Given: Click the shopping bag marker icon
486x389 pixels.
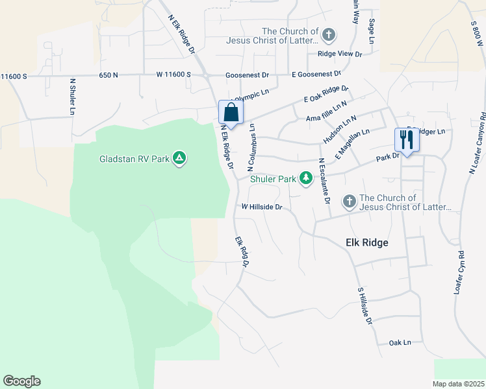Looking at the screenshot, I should [231, 112].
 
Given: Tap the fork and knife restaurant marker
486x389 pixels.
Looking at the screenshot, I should [407, 140].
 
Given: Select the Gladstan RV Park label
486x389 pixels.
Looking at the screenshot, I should [136, 159].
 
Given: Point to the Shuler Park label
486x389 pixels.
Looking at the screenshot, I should [272, 179].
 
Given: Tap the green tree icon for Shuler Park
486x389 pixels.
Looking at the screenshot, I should [305, 178].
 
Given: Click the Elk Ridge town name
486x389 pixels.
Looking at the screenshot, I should [366, 242].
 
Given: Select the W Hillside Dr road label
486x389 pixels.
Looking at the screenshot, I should [262, 207].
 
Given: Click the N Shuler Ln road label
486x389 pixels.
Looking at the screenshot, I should [72, 98].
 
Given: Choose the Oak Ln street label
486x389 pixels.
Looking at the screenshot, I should [400, 342].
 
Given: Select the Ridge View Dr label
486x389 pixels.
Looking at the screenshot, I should [339, 54].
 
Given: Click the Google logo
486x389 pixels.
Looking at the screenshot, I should [21, 381].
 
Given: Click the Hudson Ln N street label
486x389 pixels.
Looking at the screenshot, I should [340, 130].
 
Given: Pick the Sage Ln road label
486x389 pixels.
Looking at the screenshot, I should [372, 30].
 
